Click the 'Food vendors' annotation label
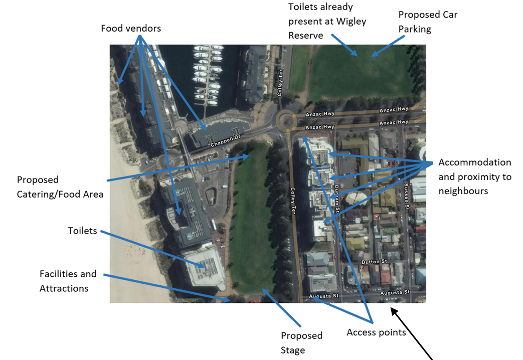(131, 28)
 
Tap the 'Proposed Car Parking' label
(428, 22)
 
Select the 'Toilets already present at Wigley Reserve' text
(327, 21)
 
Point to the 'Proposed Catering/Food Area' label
(60, 187)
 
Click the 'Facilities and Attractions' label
(68, 281)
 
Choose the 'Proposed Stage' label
(301, 342)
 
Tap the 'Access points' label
(376, 332)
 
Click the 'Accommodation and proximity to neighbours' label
(474, 176)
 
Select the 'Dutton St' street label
(375, 262)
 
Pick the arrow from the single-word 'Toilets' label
(150, 246)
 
